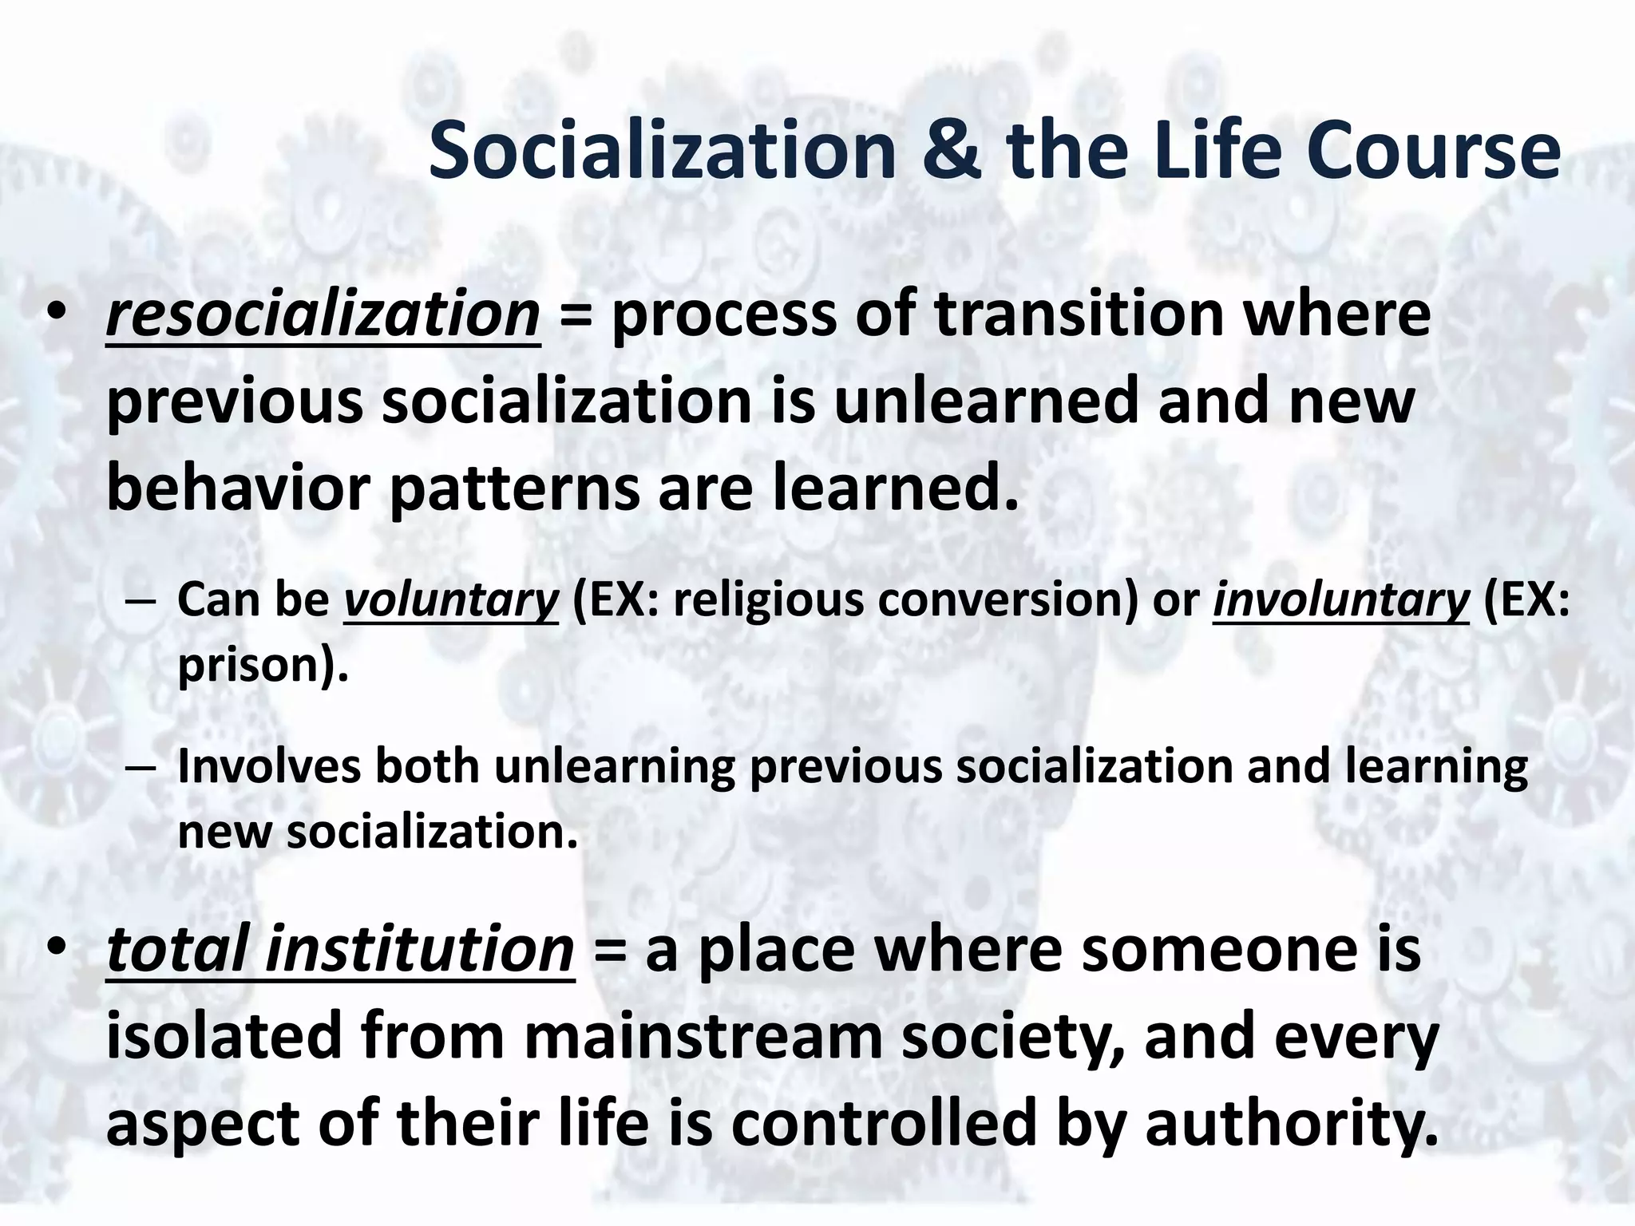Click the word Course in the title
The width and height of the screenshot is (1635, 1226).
[1432, 152]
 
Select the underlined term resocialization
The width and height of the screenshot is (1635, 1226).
[323, 314]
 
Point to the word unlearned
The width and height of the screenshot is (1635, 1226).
[987, 401]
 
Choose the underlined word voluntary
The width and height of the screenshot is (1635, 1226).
[451, 599]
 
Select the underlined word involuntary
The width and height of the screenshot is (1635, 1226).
[1340, 599]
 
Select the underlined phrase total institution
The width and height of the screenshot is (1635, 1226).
[340, 950]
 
